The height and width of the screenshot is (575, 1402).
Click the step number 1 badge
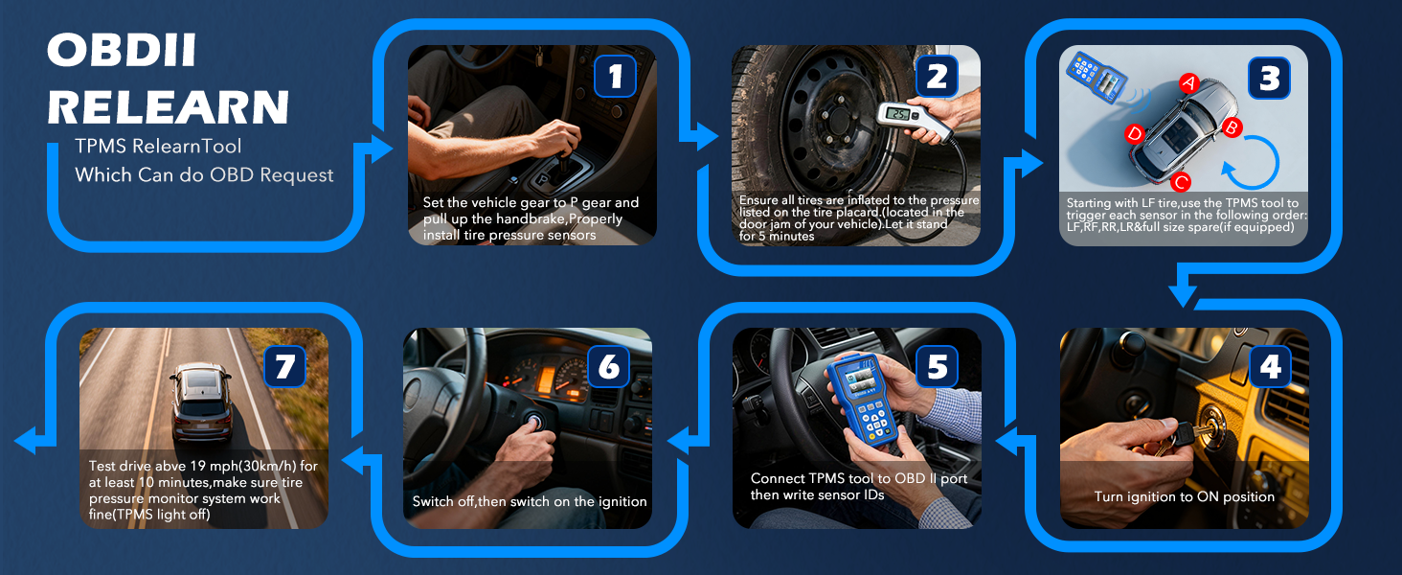click(616, 77)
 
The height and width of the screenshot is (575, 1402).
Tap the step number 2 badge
click(937, 77)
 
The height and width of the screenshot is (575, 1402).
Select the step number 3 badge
click(1269, 77)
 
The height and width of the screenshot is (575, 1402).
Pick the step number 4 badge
click(1269, 368)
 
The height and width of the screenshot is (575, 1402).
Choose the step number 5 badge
click(938, 368)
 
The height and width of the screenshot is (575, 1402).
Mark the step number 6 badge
click(609, 368)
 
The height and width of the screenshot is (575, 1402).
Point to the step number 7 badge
click(284, 368)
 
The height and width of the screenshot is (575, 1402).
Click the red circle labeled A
click(1187, 83)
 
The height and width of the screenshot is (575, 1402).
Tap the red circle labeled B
click(1233, 126)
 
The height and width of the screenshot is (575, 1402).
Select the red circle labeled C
click(1181, 181)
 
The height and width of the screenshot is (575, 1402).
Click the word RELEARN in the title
click(168, 106)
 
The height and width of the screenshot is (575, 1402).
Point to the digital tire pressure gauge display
click(897, 114)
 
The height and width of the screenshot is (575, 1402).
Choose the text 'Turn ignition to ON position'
click(1184, 496)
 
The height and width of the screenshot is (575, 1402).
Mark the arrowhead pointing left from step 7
click(27, 441)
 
